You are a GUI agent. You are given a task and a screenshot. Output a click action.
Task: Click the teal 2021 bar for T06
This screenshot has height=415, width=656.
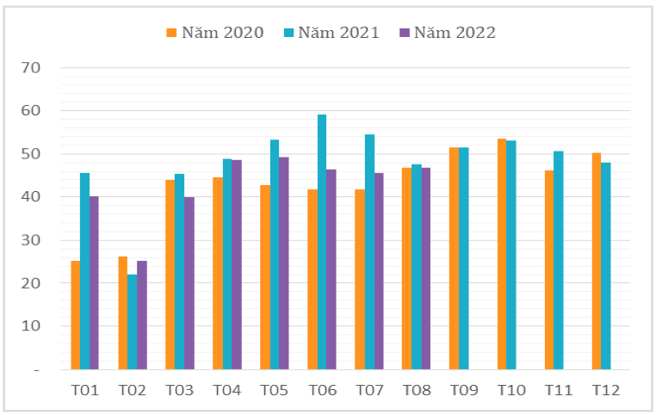tap(322, 242)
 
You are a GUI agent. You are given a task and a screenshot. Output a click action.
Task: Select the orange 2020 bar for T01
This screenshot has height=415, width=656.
tap(76, 315)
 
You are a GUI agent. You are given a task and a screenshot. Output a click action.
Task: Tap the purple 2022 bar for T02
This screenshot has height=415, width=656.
tap(142, 315)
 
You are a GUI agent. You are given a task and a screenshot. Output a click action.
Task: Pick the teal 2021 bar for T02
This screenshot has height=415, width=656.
tap(132, 322)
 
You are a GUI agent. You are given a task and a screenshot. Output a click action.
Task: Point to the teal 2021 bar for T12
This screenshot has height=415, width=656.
tap(605, 266)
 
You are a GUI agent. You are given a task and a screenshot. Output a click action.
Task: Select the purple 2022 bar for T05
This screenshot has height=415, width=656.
tap(283, 263)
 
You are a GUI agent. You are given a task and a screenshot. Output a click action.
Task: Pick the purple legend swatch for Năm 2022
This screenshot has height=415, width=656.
tap(405, 33)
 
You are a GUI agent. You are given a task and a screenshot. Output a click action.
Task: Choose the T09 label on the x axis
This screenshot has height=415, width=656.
tap(463, 390)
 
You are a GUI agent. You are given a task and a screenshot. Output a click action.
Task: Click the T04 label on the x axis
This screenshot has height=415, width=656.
tap(226, 390)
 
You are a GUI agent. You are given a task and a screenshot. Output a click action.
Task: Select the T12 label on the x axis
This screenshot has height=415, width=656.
tap(605, 390)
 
